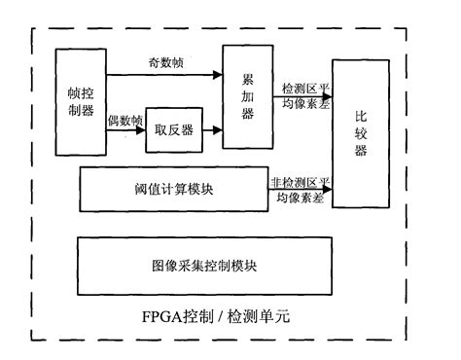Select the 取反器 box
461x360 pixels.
[x=173, y=131]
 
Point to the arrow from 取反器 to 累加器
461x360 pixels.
[x=213, y=130]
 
